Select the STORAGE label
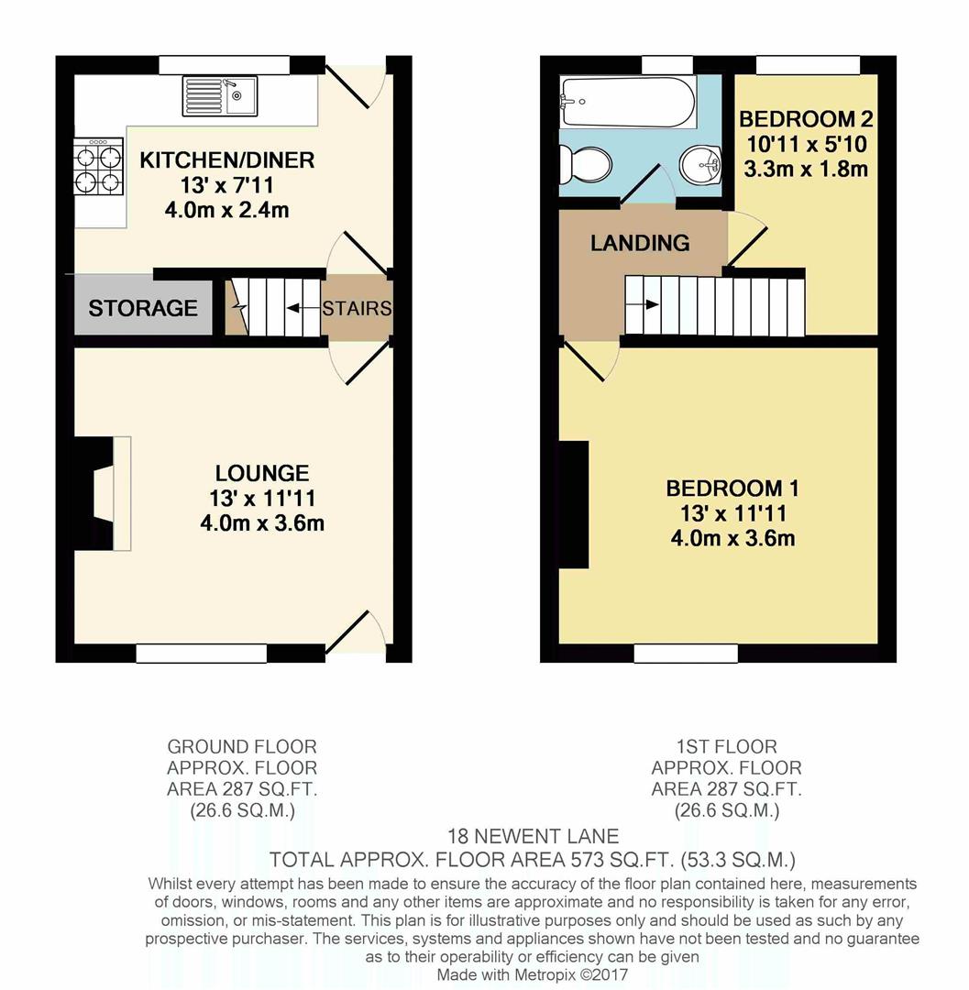click(143, 308)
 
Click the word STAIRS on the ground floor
click(357, 308)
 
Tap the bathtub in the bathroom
click(627, 102)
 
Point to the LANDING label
click(640, 243)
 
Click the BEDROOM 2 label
click(806, 119)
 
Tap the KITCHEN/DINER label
click(226, 160)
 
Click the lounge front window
click(202, 653)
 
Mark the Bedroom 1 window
click(686, 653)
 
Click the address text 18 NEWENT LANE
click(533, 836)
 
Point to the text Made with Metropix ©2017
click(533, 974)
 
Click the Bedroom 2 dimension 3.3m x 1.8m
click(806, 169)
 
